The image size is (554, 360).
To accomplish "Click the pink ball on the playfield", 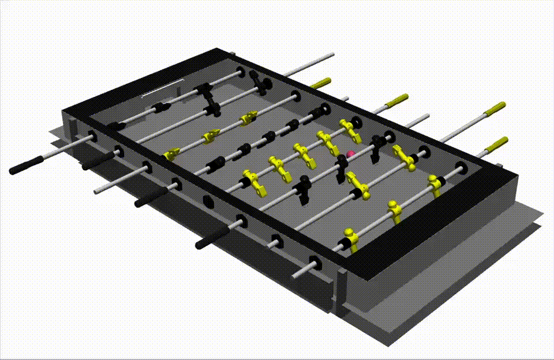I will [x=350, y=153].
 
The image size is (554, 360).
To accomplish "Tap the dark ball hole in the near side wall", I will [x=208, y=202].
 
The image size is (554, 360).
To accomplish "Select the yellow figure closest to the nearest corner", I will [x=350, y=239].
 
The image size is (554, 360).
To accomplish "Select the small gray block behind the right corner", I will [x=500, y=167].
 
